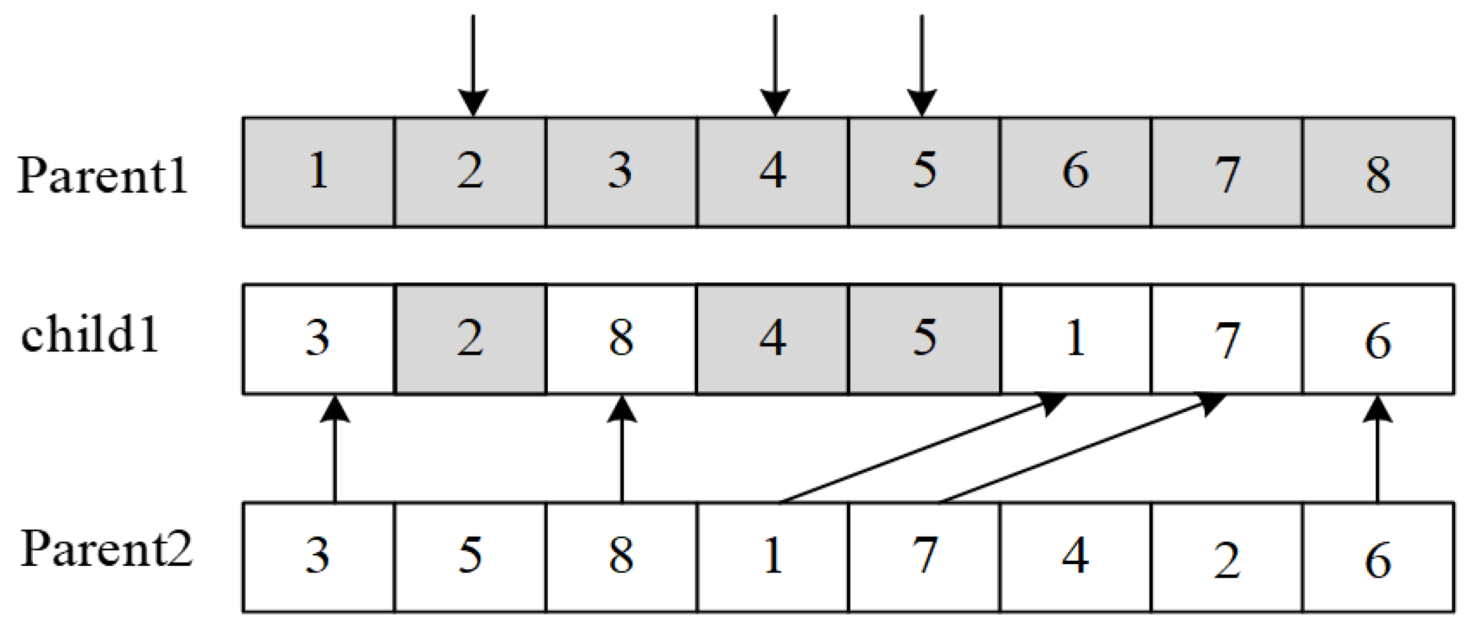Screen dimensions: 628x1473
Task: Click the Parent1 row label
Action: (x=103, y=175)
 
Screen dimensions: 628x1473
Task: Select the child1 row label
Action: (x=90, y=335)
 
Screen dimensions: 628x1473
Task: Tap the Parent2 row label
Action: (x=106, y=549)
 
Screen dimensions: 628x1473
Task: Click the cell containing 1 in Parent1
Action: (x=318, y=172)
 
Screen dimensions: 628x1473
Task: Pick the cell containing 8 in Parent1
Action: (x=1377, y=172)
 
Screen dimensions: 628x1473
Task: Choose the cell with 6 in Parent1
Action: (x=1075, y=172)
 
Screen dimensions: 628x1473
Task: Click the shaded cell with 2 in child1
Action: (x=470, y=339)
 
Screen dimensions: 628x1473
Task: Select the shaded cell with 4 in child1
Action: (x=773, y=339)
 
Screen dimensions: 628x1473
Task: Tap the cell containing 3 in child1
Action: (x=318, y=339)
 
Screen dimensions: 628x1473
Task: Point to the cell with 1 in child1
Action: (x=1075, y=339)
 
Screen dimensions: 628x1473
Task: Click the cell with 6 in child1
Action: (x=1377, y=339)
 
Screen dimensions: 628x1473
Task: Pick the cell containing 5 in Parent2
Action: (x=470, y=557)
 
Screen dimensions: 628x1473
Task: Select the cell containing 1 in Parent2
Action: (x=773, y=557)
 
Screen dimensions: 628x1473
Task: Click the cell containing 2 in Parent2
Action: (x=1226, y=557)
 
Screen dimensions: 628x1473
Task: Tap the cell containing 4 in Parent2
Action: (x=1075, y=557)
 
